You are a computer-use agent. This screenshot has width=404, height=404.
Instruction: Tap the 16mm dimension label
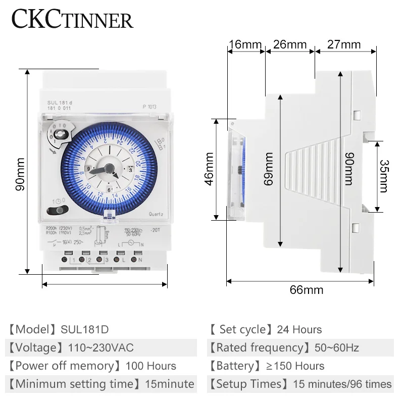(244, 44)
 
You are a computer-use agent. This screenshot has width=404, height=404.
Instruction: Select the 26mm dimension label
(289, 44)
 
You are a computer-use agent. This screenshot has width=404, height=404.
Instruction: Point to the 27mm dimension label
(343, 44)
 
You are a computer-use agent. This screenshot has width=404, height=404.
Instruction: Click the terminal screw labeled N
(135, 260)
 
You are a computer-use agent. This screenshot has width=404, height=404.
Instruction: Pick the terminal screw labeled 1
(66, 260)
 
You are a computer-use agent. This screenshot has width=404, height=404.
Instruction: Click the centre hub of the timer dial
(108, 171)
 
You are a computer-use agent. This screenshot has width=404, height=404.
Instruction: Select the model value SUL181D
(84, 330)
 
